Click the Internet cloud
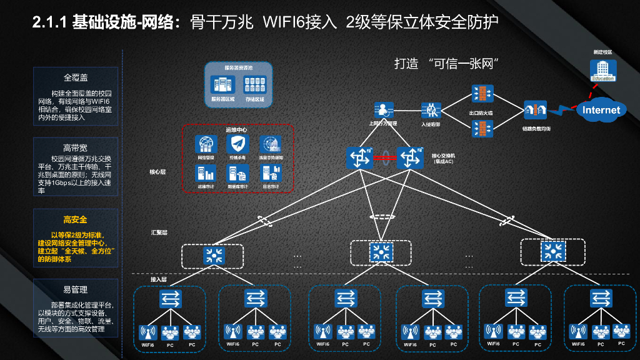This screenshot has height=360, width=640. tap(601, 110)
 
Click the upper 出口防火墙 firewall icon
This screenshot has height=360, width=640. tap(482, 94)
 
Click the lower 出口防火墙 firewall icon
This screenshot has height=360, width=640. tap(482, 128)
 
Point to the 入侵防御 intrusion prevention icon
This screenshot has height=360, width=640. tap(431, 111)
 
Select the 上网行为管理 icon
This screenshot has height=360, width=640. tap(382, 111)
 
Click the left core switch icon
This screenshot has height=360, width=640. tap(360, 157)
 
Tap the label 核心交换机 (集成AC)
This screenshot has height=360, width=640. tap(444, 158)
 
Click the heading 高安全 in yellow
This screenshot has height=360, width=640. tap(75, 219)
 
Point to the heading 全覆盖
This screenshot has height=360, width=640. tap(75, 78)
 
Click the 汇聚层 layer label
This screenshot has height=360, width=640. tap(159, 232)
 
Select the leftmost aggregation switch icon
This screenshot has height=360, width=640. tap(212, 254)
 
